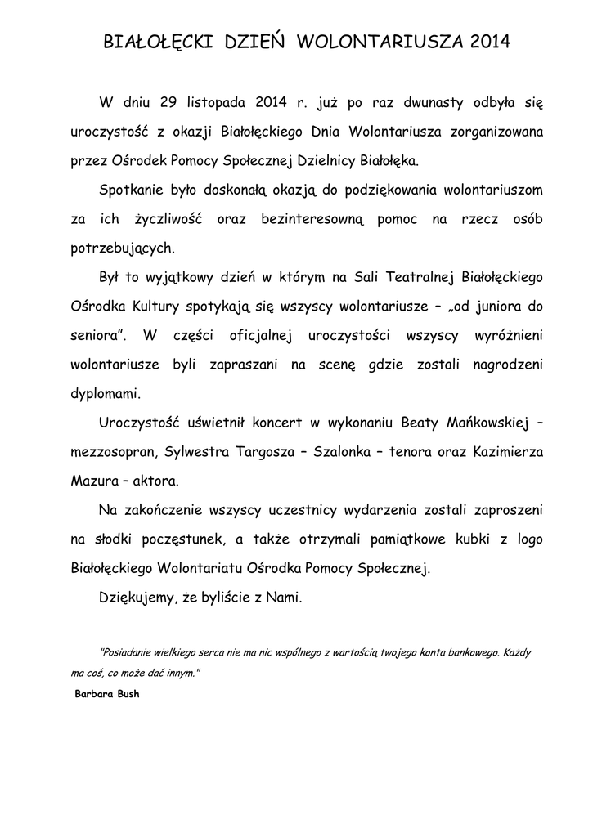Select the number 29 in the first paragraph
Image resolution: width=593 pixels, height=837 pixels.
(x=169, y=103)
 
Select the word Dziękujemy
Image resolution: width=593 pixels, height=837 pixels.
(x=136, y=597)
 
